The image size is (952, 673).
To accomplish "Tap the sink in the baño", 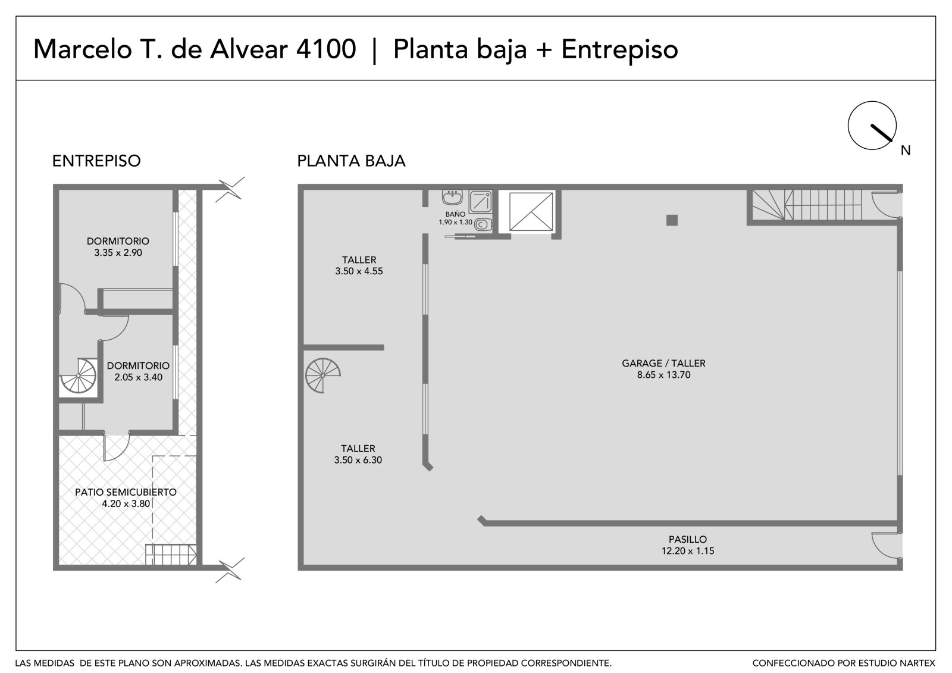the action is [x=452, y=198].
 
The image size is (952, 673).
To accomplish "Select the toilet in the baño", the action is [x=483, y=224].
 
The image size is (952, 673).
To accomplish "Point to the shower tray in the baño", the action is [x=481, y=202].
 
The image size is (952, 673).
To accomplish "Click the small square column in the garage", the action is [x=672, y=220].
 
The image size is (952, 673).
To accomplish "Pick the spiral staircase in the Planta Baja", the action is [x=322, y=375].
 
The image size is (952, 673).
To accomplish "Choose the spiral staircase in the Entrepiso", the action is [x=79, y=375].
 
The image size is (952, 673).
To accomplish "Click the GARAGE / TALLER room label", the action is [x=663, y=363].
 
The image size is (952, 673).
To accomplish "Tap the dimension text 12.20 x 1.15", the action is [x=688, y=550].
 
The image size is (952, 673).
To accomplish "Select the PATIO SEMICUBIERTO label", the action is [x=126, y=492].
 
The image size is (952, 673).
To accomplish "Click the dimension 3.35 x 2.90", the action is [x=118, y=252].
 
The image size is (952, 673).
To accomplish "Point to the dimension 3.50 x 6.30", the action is [x=358, y=459].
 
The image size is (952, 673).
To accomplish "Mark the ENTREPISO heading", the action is [x=96, y=161].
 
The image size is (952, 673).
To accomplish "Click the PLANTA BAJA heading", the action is [x=351, y=161].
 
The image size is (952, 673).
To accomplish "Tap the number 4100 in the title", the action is [x=326, y=49].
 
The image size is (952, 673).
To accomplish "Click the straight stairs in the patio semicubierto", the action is [x=171, y=555].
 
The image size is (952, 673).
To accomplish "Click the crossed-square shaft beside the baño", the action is [x=531, y=212].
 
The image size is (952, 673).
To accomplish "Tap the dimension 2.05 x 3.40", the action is [x=138, y=377].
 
